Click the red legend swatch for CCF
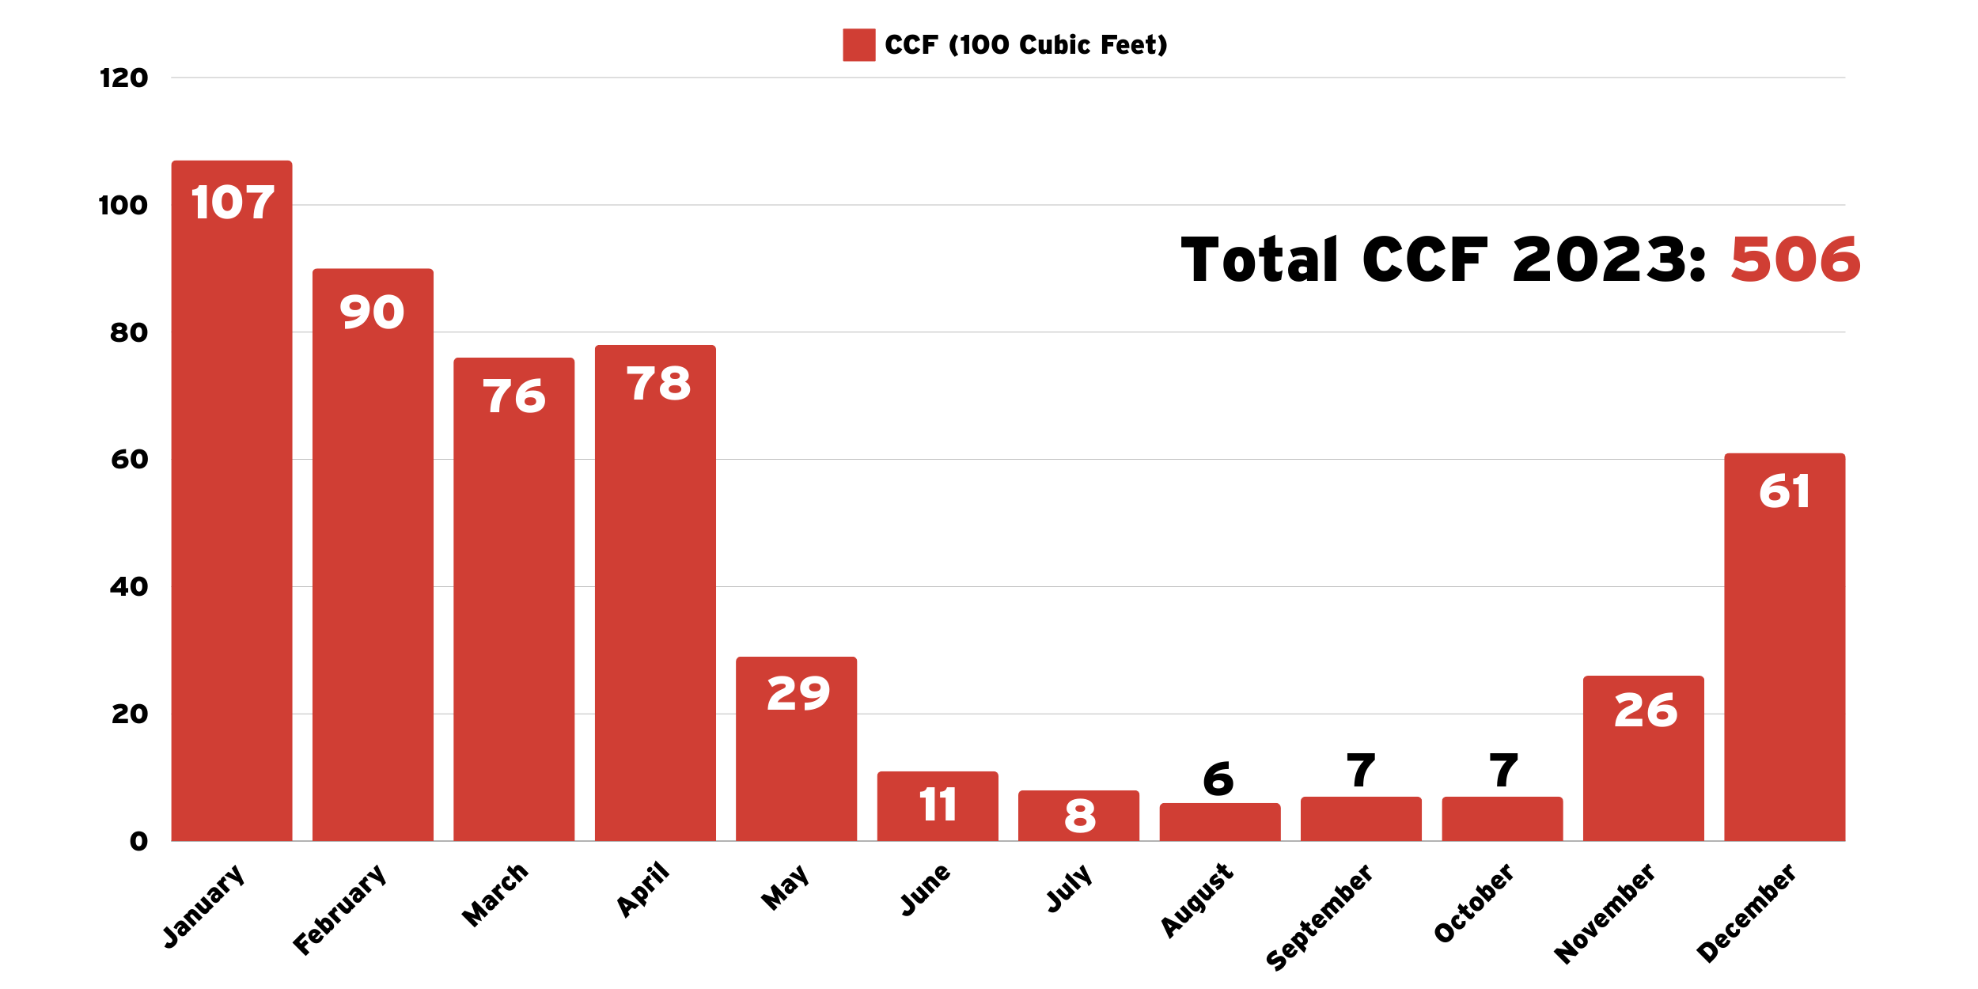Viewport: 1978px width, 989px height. pos(858,45)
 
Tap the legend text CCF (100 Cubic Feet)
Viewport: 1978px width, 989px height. pos(1025,45)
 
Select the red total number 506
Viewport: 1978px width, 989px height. pos(1795,260)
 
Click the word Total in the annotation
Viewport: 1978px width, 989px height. pos(1259,260)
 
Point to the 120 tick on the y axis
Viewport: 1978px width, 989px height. pos(123,78)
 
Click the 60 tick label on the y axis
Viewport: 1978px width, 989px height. pos(129,460)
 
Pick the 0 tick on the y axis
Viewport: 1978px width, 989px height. pos(138,841)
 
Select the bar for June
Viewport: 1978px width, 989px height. pos(938,806)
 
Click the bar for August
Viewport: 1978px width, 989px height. pos(1219,823)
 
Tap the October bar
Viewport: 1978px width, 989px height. pos(1502,820)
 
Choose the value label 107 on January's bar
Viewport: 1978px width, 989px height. pos(233,203)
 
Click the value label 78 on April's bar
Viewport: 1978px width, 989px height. pos(658,384)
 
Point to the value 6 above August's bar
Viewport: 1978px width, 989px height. pos(1218,779)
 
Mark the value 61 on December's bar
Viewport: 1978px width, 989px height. pos(1784,491)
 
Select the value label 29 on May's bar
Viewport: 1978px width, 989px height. pos(798,693)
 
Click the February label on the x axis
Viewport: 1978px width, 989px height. pos(339,910)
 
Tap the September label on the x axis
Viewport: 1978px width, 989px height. pos(1319,917)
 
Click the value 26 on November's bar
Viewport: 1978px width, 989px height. pos(1646,710)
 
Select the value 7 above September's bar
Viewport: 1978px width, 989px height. pos(1361,770)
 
